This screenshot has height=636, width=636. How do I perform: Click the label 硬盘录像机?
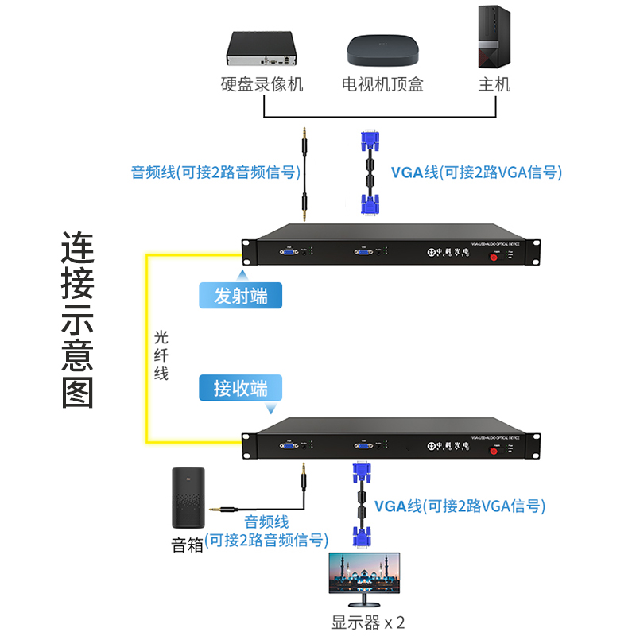click(262, 84)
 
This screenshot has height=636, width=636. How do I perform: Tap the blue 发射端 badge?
click(240, 296)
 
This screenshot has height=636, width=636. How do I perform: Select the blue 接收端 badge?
click(240, 388)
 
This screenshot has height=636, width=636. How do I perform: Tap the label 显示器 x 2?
click(368, 622)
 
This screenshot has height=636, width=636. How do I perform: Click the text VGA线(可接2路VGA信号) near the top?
click(476, 172)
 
